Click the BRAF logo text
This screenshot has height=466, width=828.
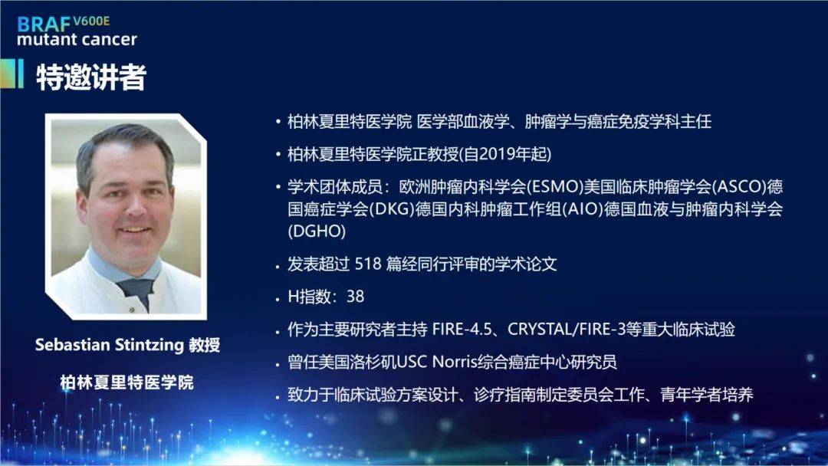(44, 25)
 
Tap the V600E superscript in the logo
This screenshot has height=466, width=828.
(91, 21)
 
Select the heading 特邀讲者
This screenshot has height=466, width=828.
(90, 77)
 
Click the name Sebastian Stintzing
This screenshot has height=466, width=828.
(109, 345)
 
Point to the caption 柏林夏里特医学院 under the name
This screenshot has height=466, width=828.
(127, 382)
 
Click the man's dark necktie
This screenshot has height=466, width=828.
(137, 292)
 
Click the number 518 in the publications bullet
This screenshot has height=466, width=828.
(368, 264)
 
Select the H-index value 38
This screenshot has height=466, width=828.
(355, 297)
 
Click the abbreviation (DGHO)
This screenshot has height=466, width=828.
(317, 231)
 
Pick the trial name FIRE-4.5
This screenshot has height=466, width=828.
(462, 330)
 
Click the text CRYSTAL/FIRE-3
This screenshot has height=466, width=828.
(567, 330)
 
